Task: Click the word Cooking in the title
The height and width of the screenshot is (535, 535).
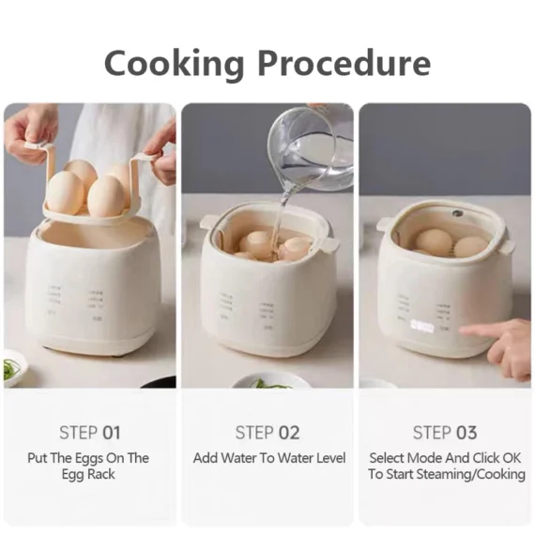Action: pos(174,63)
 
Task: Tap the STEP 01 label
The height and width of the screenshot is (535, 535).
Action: pos(90,433)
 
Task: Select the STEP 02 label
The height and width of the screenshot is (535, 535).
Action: pos(267,433)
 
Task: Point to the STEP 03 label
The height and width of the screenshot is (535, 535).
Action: pos(445,433)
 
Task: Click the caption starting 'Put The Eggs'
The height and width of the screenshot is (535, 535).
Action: pos(90,466)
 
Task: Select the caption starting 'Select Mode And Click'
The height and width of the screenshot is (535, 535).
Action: pos(445,466)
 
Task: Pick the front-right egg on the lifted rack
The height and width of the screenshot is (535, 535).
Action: pos(105,196)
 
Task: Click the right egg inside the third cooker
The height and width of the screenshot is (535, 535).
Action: pos(470,246)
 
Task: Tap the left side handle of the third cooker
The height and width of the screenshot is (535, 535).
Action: pos(384,224)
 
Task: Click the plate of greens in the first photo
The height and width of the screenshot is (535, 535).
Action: pos(11,368)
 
